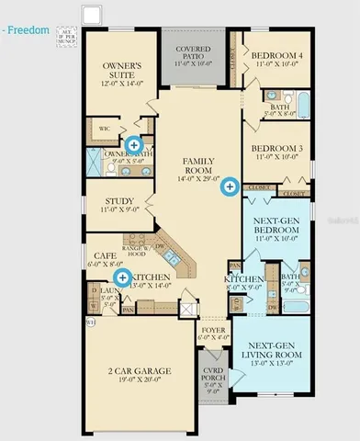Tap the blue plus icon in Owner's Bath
click(134, 144)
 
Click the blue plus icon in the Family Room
click(230, 187)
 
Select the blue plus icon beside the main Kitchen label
click(121, 277)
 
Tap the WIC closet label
click(105, 130)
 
